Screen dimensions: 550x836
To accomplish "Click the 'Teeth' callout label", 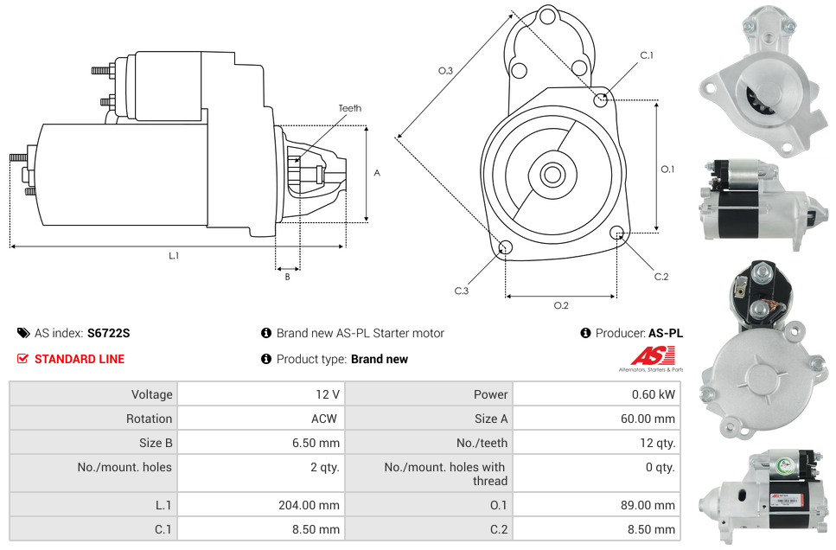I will point(349,108).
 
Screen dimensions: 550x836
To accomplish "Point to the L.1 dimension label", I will point(174,256).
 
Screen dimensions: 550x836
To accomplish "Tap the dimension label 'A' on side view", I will point(376,173).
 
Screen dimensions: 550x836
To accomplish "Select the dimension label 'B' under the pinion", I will point(287,277).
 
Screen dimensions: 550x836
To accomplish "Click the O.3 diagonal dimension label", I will point(446,71).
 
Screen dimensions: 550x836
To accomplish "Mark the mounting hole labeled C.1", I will point(601,99).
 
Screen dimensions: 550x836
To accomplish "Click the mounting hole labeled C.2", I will point(617,233).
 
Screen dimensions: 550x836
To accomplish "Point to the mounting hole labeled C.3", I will point(506,249).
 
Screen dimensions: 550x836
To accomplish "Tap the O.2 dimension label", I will point(561,305).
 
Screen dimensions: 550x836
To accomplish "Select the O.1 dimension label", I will point(667,169).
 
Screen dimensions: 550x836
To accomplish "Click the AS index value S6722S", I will point(108,333).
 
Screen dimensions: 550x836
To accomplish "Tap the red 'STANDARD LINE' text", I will point(80,359).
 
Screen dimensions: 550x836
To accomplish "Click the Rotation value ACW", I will point(326,419).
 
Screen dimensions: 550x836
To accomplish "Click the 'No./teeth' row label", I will point(482,443).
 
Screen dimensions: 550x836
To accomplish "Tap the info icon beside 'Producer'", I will point(585,333).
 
